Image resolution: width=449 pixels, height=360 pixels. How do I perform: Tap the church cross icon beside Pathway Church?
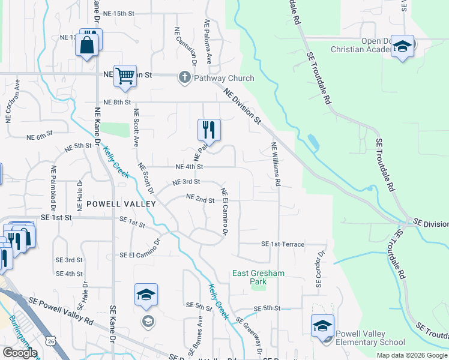pyautogui.click(x=184, y=78)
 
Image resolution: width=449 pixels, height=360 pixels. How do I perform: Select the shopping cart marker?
pyautogui.click(x=125, y=77)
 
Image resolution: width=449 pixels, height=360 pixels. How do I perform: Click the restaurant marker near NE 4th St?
pyautogui.click(x=209, y=130)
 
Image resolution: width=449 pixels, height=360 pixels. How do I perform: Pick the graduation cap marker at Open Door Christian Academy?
pyautogui.click(x=402, y=47)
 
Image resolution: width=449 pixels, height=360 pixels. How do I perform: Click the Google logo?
pyautogui.click(x=20, y=353)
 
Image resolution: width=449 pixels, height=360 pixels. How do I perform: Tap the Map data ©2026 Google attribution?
pyautogui.click(x=412, y=355)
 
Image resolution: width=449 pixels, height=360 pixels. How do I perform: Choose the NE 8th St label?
pyautogui.click(x=116, y=102)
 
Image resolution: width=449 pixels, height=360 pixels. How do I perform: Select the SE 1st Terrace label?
pyautogui.click(x=283, y=244)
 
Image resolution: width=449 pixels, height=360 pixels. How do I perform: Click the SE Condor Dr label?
pyautogui.click(x=319, y=268)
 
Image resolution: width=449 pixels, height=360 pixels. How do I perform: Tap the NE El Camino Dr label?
pyautogui.click(x=224, y=211)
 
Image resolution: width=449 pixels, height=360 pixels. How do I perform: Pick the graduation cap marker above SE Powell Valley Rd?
pyautogui.click(x=146, y=295)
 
